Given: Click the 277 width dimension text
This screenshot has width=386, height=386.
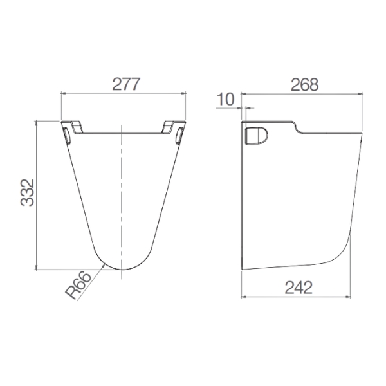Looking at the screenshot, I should tap(123, 83).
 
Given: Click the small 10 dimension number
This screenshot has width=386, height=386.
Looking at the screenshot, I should tap(225, 99).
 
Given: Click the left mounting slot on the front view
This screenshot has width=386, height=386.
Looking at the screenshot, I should tap(67, 135).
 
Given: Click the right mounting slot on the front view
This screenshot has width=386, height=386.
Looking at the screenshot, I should tap(179, 135).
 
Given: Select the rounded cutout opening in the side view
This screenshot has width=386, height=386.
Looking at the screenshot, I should tap(258, 136).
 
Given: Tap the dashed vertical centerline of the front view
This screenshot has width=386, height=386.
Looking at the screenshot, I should tap(122, 193).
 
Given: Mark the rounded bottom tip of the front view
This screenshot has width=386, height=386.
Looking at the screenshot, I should tap(122, 268).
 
